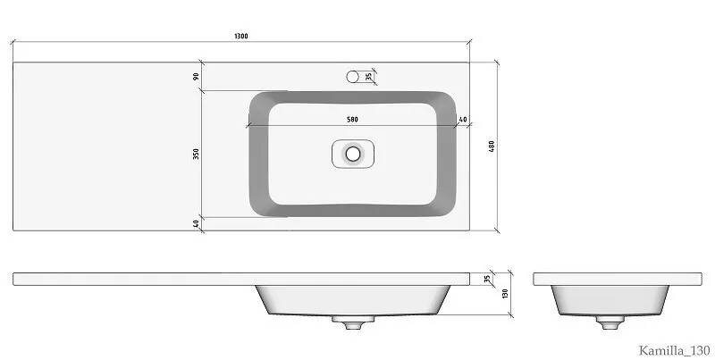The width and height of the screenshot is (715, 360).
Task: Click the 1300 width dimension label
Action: point(241,36)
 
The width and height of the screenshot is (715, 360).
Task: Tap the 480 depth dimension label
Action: point(492,147)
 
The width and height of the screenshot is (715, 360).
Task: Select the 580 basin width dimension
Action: point(352,120)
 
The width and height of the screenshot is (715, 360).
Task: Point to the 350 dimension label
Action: point(196,154)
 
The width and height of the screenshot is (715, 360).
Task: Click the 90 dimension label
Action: point(196,76)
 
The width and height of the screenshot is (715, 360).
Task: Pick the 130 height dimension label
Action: point(505,294)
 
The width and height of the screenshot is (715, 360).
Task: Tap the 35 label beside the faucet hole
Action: point(368,77)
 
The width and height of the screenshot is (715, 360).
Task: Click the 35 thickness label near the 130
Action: point(487,279)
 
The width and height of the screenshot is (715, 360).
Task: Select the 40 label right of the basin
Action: point(463,120)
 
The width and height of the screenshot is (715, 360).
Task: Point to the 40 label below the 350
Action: point(196,223)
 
